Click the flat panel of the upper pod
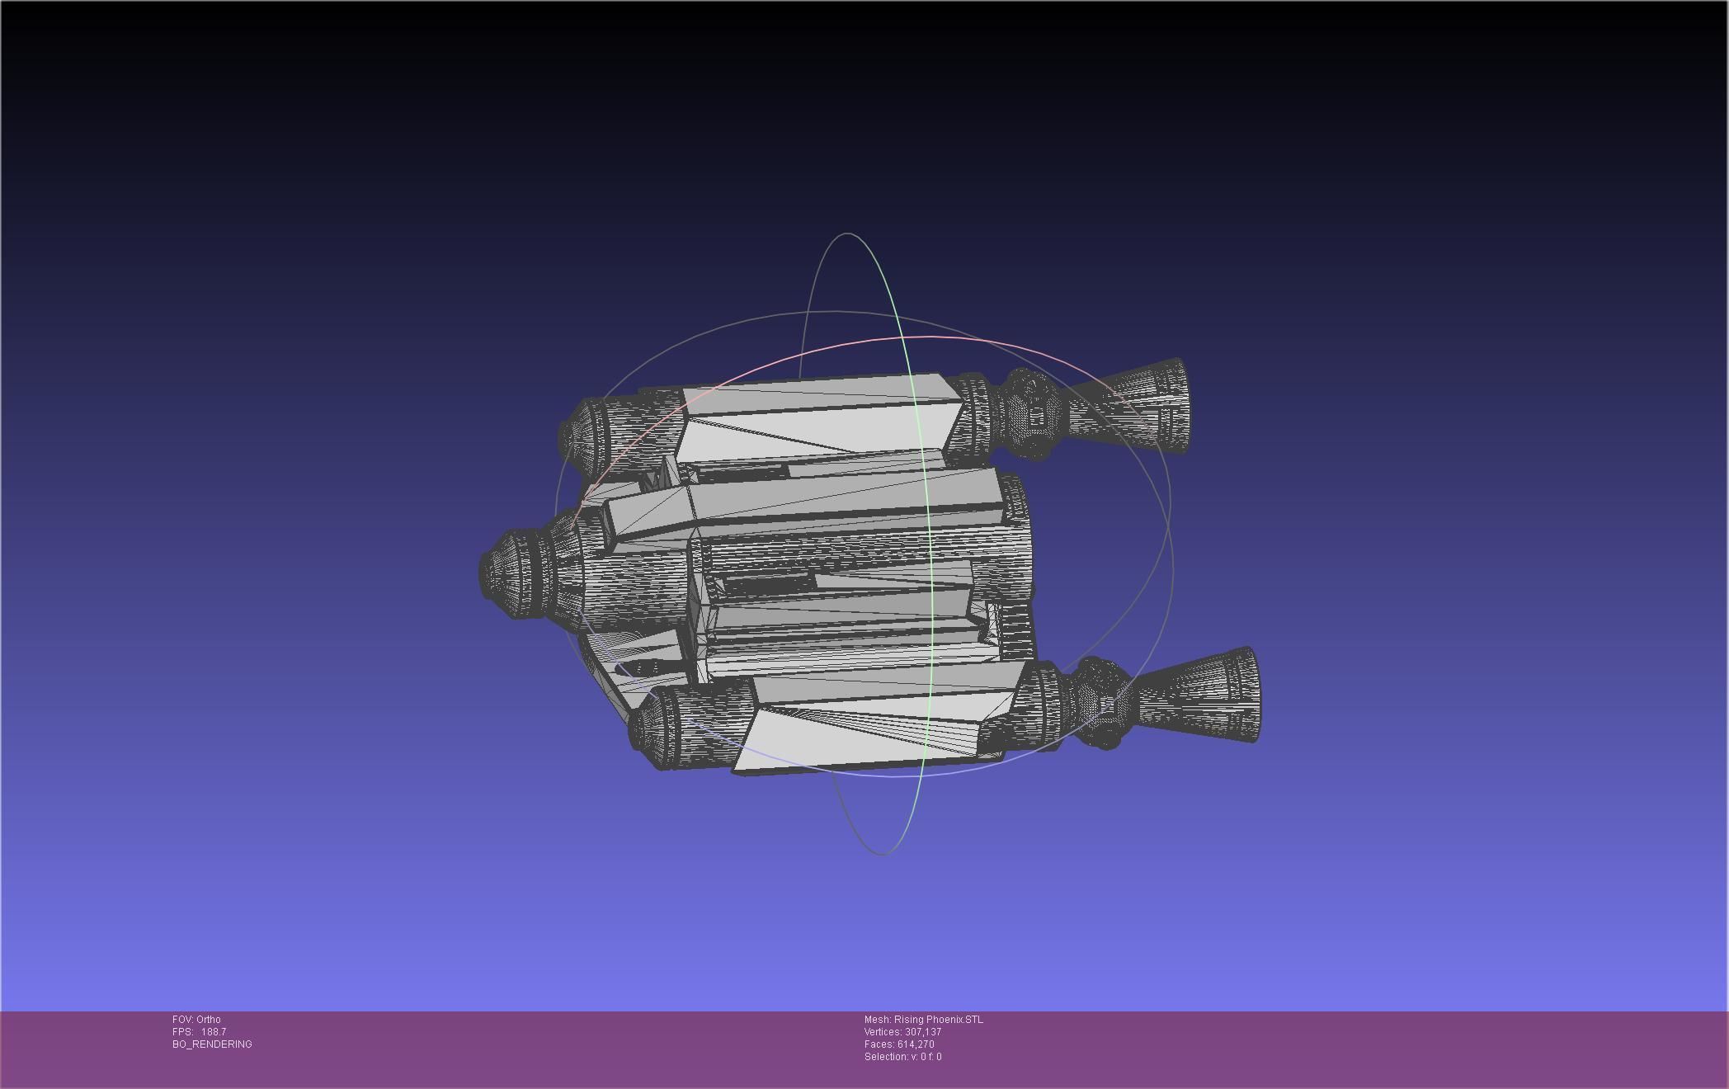[817, 417]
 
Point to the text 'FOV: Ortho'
[196, 1020]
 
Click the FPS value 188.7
[213, 1032]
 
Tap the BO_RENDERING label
[212, 1044]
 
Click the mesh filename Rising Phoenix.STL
[923, 1020]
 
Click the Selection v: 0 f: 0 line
[902, 1057]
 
